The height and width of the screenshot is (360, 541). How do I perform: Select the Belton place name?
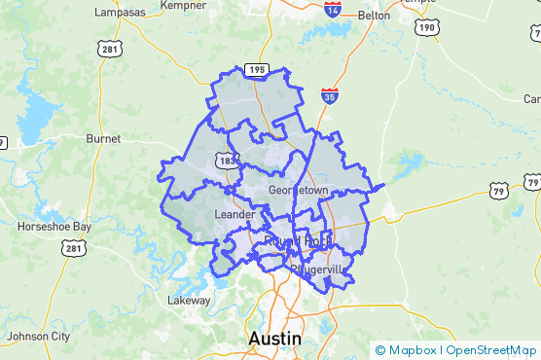pyautogui.click(x=374, y=16)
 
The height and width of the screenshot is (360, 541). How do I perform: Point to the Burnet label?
pyautogui.click(x=103, y=139)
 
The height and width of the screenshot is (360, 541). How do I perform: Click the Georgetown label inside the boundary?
pyautogui.click(x=300, y=189)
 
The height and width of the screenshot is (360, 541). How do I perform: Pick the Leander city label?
pyautogui.click(x=234, y=214)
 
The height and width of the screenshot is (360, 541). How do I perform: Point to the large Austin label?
pyautogui.click(x=275, y=338)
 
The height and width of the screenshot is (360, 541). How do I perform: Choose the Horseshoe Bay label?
pyautogui.click(x=54, y=227)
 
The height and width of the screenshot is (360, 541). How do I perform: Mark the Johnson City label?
pyautogui.click(x=39, y=337)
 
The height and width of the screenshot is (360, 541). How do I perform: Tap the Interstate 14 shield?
pyautogui.click(x=333, y=10)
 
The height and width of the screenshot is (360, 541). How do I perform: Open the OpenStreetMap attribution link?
pyautogui.click(x=491, y=350)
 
